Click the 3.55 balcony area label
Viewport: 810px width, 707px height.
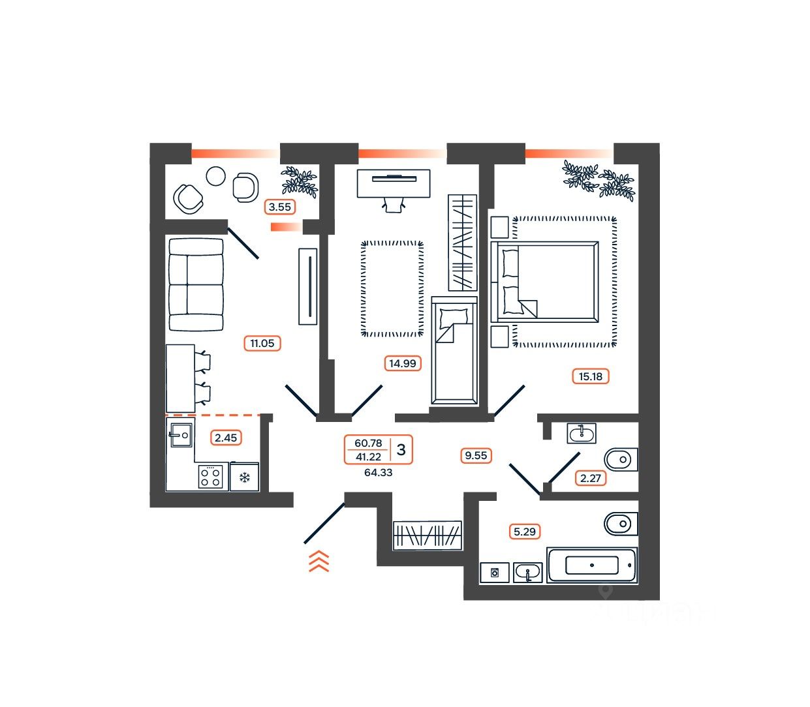280,207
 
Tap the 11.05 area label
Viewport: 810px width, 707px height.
262,343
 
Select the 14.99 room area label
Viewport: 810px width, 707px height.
402,363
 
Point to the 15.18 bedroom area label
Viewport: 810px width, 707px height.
590,376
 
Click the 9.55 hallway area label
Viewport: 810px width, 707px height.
475,456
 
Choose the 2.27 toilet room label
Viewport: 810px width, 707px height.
591,478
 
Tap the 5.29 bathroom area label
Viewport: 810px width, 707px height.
525,532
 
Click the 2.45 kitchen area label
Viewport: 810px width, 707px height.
226,438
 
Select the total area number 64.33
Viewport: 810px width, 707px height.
379,472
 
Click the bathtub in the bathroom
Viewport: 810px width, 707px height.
591,565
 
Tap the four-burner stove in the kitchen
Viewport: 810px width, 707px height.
211,476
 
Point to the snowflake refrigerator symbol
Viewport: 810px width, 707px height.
245,477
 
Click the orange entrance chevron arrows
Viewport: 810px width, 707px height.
319,561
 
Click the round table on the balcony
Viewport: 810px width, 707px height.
215,176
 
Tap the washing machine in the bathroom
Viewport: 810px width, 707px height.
495,572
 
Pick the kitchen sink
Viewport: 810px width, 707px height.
180,434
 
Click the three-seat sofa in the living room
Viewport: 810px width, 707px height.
196,284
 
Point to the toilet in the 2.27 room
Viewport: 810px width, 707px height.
620,459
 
